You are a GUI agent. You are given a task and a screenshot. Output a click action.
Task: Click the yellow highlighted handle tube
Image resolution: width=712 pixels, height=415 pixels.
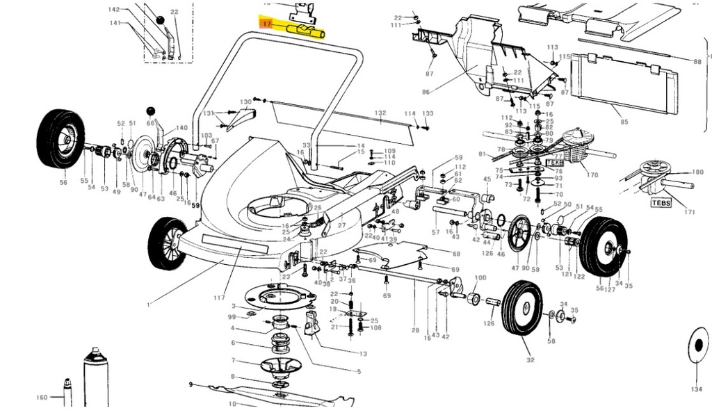(x=306, y=29)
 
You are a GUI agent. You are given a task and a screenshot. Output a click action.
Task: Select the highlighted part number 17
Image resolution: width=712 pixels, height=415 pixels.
(x=267, y=24)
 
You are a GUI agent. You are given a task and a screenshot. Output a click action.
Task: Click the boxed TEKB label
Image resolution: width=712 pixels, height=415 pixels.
(x=554, y=162)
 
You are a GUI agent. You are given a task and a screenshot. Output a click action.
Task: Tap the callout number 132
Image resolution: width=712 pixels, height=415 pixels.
(x=380, y=113)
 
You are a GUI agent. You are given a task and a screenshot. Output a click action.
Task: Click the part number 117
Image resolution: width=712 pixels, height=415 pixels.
(x=220, y=298)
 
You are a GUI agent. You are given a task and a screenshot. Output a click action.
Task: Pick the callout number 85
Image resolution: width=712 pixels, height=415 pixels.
(x=624, y=122)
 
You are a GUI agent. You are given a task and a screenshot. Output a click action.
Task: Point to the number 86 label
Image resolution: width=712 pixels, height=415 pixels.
(x=426, y=91)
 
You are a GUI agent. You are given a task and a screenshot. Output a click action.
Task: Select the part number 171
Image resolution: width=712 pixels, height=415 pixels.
(x=690, y=211)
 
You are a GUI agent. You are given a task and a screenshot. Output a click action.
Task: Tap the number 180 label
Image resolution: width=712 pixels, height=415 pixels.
(x=698, y=172)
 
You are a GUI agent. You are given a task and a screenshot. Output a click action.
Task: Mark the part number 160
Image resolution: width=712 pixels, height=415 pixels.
(x=42, y=398)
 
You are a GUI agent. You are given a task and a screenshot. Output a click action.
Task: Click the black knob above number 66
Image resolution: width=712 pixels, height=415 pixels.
(x=149, y=111)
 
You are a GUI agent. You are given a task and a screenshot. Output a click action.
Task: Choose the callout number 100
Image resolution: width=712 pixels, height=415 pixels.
(x=480, y=279)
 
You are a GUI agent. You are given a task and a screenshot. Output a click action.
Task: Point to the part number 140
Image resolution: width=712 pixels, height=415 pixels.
(x=181, y=128)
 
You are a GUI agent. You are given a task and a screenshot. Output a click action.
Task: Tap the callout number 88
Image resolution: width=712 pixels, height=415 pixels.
(x=697, y=62)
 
